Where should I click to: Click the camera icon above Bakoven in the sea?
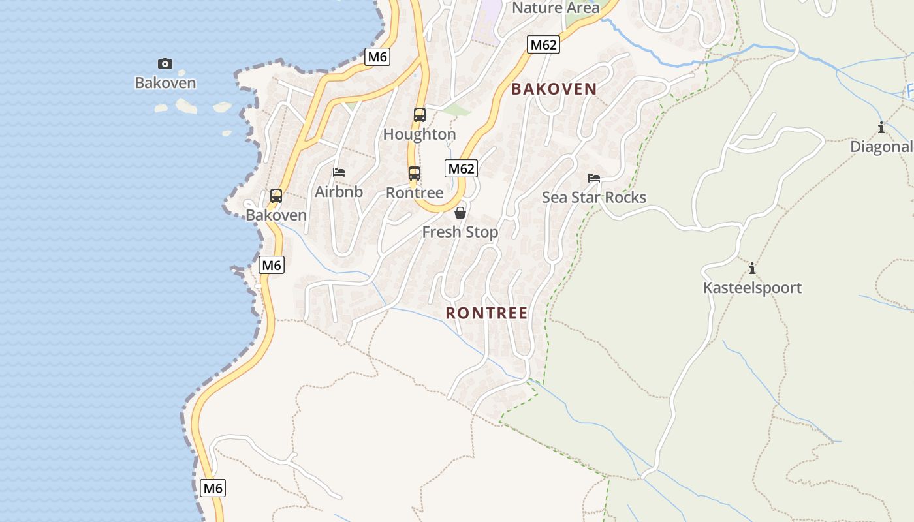165,63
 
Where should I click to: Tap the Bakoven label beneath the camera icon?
165,83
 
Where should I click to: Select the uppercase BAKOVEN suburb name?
554,89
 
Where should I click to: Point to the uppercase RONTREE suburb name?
486,313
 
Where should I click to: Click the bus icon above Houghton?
420,115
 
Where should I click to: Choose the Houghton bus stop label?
419,134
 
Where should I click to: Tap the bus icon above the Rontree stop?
415,174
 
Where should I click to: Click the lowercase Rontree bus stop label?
415,193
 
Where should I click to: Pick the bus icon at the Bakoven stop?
276,195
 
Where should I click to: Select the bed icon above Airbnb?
339,172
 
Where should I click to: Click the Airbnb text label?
339,192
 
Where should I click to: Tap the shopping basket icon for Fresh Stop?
460,213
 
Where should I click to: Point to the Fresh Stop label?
460,232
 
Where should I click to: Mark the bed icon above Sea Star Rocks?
594,177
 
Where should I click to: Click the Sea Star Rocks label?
594,198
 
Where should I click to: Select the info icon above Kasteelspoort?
752,268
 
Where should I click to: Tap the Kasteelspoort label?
752,288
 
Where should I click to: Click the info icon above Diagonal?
881,127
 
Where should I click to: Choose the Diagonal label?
881,147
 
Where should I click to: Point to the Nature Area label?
556,8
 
